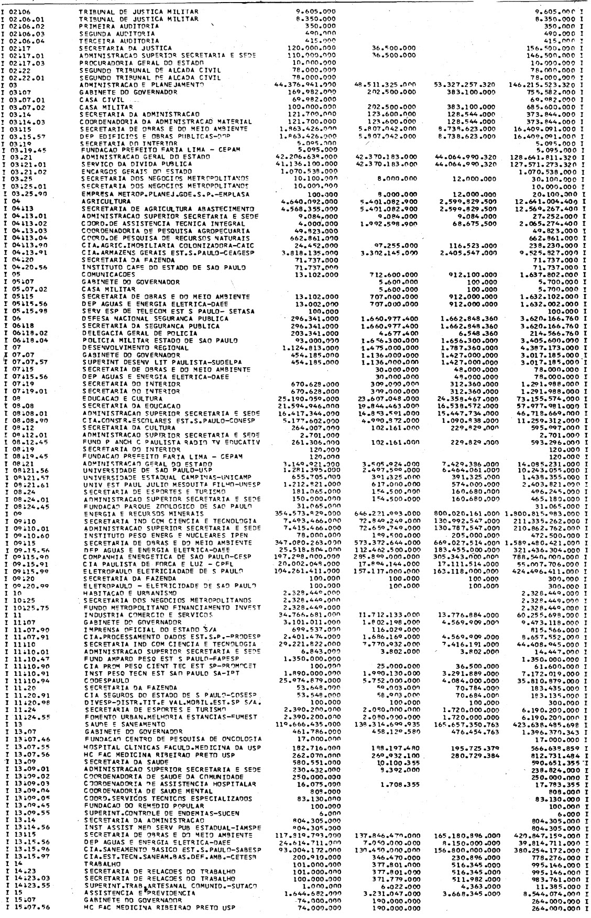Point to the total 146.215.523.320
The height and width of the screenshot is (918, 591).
click(545, 84)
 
